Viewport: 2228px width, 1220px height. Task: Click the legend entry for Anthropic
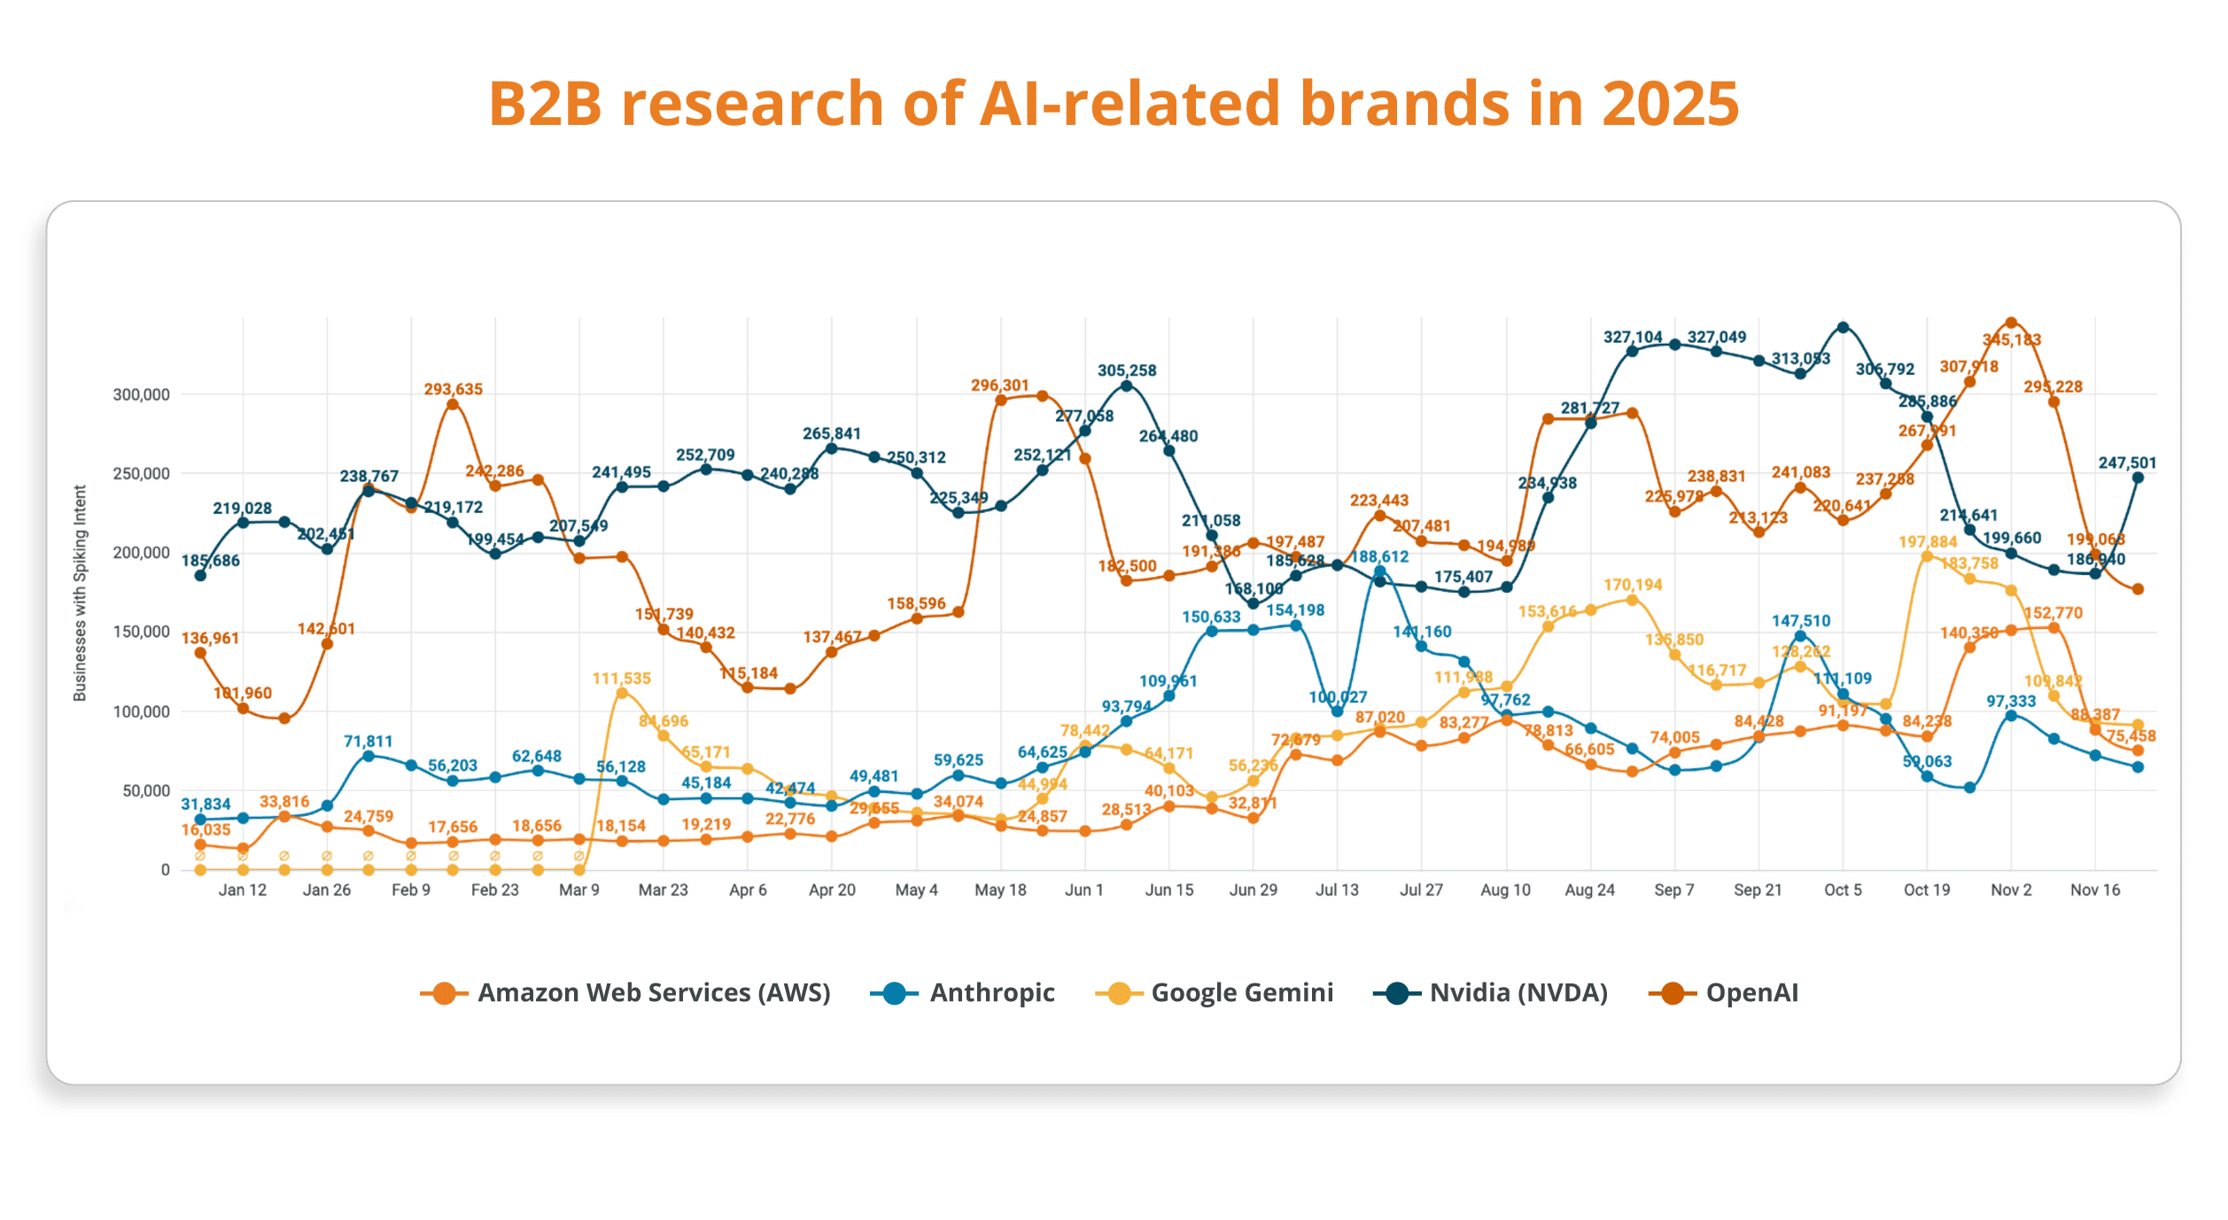coord(991,992)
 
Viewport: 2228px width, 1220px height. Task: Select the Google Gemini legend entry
coord(1241,992)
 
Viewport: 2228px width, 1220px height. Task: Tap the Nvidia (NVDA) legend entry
coord(1518,992)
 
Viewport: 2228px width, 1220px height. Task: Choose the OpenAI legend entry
coord(1751,992)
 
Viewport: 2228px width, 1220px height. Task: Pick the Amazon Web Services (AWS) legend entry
coord(653,992)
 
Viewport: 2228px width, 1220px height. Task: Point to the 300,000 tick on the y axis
coord(141,394)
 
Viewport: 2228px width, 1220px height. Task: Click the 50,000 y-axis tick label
coord(145,790)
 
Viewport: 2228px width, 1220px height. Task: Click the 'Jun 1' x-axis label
coord(1083,890)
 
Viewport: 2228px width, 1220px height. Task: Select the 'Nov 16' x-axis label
coord(2095,890)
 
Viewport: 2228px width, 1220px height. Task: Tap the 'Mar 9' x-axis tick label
coord(578,890)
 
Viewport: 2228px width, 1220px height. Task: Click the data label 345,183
coord(2011,339)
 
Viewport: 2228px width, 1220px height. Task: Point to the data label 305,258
coord(1127,370)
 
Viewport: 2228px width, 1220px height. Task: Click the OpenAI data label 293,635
coord(453,389)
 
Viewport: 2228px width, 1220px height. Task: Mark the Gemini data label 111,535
coord(621,678)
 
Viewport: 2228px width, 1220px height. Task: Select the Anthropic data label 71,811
coord(368,741)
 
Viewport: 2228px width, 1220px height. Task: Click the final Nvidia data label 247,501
coord(2127,462)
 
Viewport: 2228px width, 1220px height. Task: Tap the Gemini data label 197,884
coord(1927,541)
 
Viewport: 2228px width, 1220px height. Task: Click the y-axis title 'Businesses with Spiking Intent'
coord(80,593)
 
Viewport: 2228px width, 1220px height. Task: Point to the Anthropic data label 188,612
coord(1379,556)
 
